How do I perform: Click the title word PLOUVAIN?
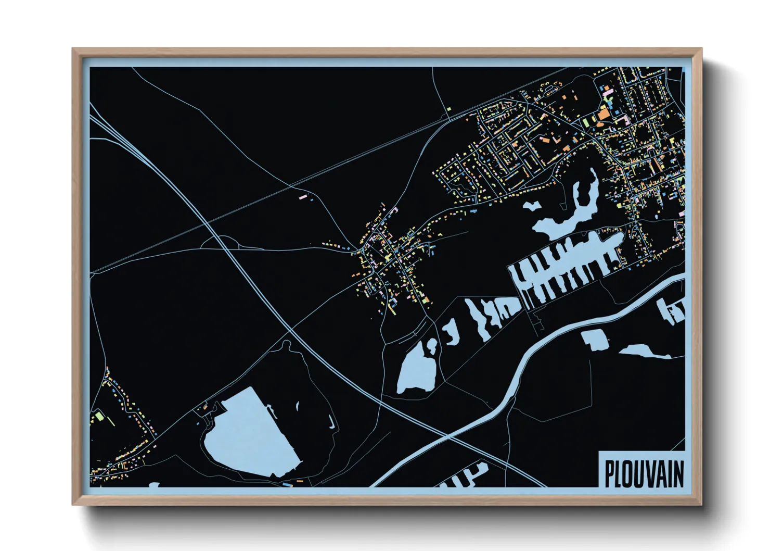click(x=644, y=474)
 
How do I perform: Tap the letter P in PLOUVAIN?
click(x=609, y=474)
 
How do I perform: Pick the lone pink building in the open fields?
click(x=303, y=197)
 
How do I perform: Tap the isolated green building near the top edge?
click(x=448, y=109)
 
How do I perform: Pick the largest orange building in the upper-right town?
click(x=604, y=114)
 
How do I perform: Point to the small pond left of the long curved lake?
click(x=532, y=205)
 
